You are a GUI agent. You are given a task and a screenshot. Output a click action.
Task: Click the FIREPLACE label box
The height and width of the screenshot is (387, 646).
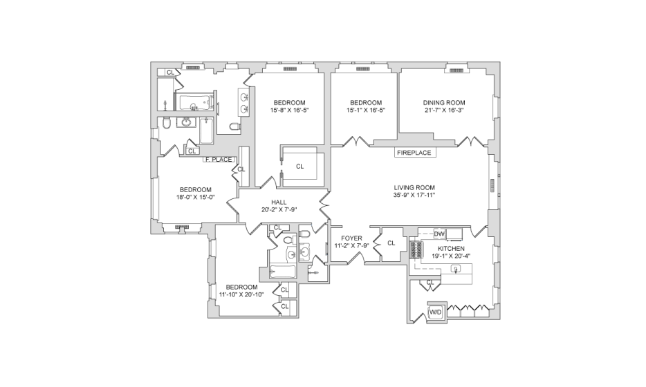(415, 153)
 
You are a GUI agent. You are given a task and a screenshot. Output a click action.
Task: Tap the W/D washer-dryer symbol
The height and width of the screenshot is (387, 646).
(436, 312)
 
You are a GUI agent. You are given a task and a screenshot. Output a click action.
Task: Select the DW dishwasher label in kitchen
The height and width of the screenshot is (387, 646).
(439, 234)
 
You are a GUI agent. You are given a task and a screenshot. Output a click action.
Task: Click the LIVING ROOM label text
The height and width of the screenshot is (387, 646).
(414, 188)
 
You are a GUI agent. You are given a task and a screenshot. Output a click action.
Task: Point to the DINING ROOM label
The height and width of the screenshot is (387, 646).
(444, 103)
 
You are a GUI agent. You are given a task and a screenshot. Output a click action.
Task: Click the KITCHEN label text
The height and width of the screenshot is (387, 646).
(451, 249)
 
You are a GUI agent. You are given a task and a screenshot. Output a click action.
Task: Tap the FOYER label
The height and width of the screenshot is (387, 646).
(351, 238)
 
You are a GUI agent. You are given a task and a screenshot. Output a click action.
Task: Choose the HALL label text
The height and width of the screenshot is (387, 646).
(279, 202)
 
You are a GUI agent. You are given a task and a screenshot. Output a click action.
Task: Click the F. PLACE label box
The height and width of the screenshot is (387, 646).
(219, 160)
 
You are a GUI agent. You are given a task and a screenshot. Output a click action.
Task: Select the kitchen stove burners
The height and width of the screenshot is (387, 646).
(416, 249)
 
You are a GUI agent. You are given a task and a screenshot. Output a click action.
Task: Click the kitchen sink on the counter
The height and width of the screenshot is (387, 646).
(455, 269)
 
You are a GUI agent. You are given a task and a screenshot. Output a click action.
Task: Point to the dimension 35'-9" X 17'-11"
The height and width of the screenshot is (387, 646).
(414, 195)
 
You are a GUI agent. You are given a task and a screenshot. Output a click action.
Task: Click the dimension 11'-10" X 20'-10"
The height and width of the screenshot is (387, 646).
(241, 294)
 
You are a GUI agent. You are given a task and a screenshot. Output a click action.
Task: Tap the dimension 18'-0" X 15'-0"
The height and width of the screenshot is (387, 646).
(196, 197)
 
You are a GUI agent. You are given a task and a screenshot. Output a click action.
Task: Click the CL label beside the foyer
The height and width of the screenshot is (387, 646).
(391, 243)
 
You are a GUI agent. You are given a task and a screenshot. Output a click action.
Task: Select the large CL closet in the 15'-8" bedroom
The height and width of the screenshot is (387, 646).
(300, 167)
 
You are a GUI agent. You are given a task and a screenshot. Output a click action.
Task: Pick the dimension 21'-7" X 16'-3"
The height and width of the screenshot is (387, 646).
(444, 111)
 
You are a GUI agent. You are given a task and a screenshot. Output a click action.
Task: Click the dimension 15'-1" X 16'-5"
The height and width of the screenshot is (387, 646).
(366, 111)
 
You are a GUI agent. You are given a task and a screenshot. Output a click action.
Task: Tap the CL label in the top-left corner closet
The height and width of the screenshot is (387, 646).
(170, 73)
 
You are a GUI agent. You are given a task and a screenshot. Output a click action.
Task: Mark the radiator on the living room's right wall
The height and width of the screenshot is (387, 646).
(492, 185)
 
